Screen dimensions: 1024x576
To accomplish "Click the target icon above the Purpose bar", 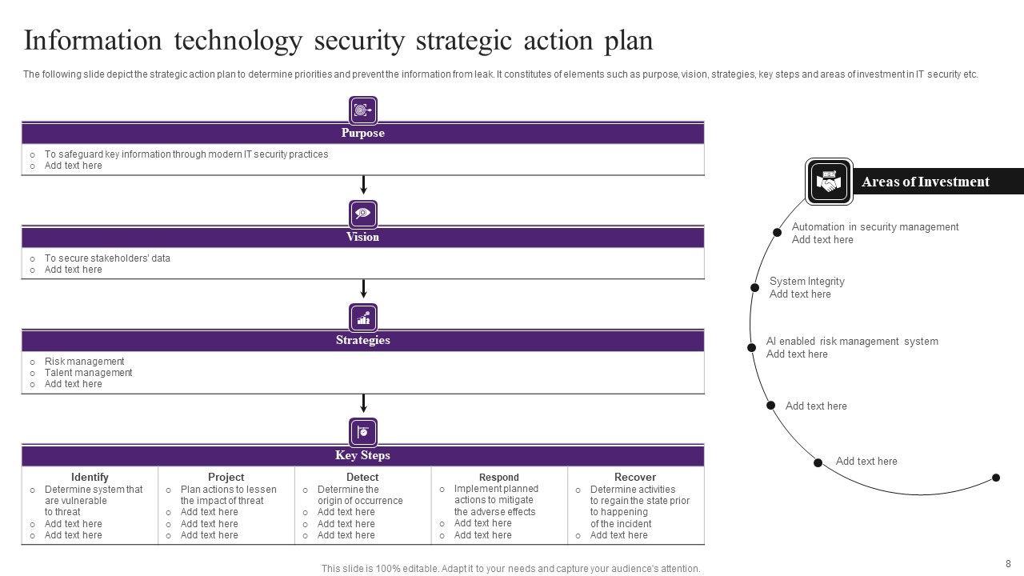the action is click(x=363, y=110).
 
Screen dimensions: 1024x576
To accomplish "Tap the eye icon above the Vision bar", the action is click(x=363, y=214).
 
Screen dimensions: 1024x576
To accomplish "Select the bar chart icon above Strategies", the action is click(x=363, y=318).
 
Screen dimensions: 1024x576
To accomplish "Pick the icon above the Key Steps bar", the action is click(x=363, y=432).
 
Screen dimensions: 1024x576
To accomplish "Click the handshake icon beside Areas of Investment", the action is click(x=829, y=182).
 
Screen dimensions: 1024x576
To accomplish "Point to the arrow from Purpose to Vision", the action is click(x=363, y=186).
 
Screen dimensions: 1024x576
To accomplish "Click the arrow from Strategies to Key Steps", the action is click(x=363, y=403).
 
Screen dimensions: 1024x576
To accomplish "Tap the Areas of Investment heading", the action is click(x=925, y=182).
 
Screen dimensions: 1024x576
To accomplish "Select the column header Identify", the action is click(x=90, y=477).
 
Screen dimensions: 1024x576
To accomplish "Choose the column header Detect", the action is click(x=362, y=477).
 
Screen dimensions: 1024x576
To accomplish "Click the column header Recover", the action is click(x=635, y=477).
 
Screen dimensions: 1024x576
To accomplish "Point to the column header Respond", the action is click(x=499, y=478).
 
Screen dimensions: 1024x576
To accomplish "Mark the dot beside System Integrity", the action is click(x=754, y=287).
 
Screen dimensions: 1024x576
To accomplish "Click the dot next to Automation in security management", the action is click(x=778, y=232).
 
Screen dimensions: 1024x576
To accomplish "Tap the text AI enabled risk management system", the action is click(x=852, y=342).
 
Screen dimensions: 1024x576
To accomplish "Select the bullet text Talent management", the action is click(x=88, y=373).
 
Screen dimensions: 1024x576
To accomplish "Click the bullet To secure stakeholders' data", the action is click(x=107, y=258).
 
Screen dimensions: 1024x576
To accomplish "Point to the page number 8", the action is click(x=1008, y=563).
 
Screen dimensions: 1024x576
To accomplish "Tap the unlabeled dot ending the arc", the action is click(x=996, y=478).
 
